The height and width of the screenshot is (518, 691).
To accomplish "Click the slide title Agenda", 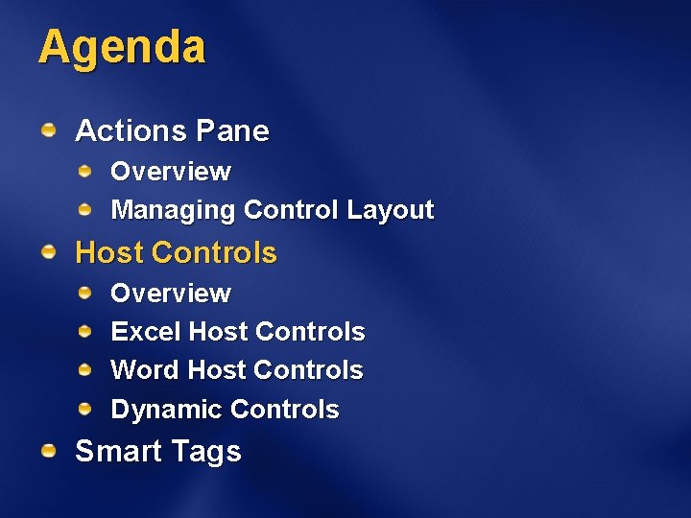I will pos(122,47).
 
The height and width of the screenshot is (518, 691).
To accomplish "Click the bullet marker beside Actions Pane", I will pos(48,129).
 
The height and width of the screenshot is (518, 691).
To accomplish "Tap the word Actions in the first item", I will pos(131,130).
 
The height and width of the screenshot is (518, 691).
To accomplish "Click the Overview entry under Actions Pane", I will pos(171,172).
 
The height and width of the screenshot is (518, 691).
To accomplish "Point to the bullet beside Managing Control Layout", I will pos(85,208).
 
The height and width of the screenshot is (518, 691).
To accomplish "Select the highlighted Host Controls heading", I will pos(176,253).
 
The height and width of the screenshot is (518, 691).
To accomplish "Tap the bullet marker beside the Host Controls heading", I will pos(48,251).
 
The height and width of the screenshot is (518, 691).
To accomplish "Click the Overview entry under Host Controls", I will pos(171,294).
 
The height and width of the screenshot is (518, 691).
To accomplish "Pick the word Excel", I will pos(146,332).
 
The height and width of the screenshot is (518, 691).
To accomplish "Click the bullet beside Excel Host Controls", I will pos(85,331).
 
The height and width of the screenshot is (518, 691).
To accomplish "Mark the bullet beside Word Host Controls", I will pos(85,369).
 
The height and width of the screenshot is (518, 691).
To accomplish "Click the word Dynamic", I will pos(167,410).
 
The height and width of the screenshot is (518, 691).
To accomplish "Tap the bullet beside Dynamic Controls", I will pos(85,409).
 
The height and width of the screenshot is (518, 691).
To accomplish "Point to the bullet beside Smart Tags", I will pos(48,450).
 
